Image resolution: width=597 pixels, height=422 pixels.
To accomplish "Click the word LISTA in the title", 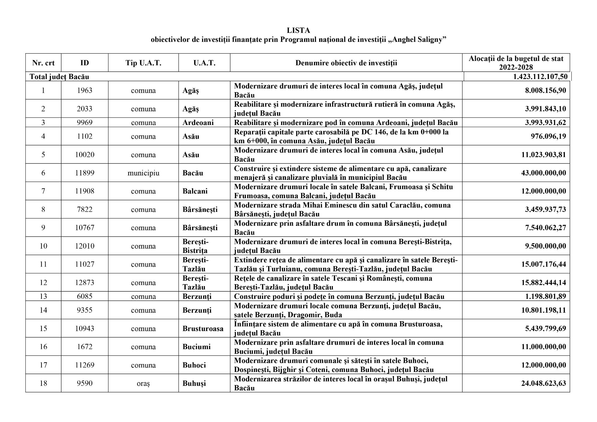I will tap(298, 30).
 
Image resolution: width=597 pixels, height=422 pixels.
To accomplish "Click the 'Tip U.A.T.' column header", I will tap(143, 63).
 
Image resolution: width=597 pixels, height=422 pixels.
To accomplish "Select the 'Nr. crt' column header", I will tap(43, 63).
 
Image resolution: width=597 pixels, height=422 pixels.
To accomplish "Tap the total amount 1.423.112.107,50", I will tap(540, 77).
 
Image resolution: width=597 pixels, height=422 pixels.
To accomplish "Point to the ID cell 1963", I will tap(85, 90).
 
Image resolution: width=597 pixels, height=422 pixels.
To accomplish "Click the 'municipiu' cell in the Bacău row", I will tap(143, 173).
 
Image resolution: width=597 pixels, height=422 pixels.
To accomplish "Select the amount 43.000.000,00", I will tap(543, 173).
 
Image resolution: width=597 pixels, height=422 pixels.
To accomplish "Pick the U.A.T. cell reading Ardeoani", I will tap(198, 122).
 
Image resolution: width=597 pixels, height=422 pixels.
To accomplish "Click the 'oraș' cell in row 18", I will tap(143, 383).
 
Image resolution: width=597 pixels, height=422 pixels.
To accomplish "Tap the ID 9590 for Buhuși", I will tap(85, 383).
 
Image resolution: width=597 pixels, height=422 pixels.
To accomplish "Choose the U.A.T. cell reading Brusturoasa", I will tap(203, 328).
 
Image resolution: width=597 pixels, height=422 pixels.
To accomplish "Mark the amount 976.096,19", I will tap(548, 136).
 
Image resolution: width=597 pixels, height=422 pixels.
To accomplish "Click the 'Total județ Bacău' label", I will tap(59, 77).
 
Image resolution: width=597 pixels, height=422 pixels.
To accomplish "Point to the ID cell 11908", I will tap(85, 191).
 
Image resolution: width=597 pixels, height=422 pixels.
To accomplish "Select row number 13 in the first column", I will tap(43, 296).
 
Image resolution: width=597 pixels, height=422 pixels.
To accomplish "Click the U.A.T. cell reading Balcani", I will tap(195, 191).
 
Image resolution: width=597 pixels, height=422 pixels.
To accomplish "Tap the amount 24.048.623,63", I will tap(543, 383).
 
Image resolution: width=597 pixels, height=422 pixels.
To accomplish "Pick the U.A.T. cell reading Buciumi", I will tap(196, 347).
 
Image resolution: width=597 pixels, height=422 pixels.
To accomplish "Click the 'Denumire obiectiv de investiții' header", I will tap(346, 63).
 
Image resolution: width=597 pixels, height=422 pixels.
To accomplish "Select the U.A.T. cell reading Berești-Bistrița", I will tap(195, 246).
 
